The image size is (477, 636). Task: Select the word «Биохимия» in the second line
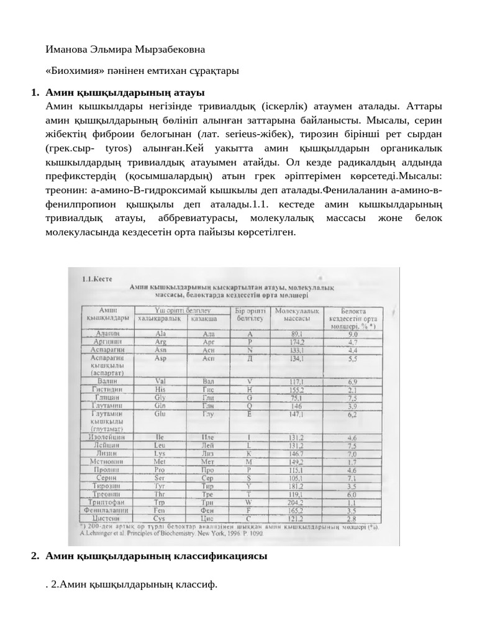[x=75, y=71]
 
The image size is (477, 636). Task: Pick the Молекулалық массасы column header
[x=297, y=314]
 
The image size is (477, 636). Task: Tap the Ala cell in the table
[x=160, y=334]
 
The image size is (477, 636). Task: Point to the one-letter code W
[x=250, y=502]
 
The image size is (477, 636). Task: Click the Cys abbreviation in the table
[x=160, y=519]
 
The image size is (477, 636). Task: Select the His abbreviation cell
[x=160, y=389]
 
